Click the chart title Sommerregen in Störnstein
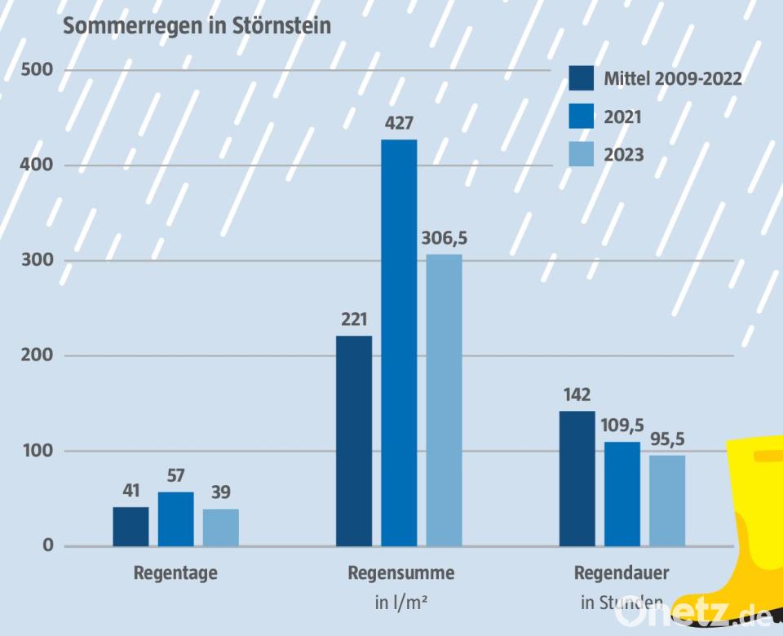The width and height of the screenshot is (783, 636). [x=197, y=26]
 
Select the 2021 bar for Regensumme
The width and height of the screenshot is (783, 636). [x=399, y=342]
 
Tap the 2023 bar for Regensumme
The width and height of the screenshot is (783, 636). [x=444, y=400]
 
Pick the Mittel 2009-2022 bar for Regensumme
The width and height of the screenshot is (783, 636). [x=354, y=440]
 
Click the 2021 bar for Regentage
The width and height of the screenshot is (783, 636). [x=176, y=519]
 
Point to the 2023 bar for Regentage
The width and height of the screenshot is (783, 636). [x=221, y=527]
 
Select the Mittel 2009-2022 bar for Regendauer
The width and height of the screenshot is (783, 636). [x=577, y=478]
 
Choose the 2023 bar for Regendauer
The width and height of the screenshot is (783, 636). [x=667, y=500]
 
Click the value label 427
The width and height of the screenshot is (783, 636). [x=399, y=125]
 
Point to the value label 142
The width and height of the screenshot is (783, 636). [x=577, y=395]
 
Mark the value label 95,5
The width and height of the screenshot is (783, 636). [x=667, y=439]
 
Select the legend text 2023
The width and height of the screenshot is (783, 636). [x=624, y=154]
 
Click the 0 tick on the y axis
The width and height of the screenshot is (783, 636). [x=48, y=545]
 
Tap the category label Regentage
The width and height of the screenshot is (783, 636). [x=175, y=573]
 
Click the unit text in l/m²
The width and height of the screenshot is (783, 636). [x=401, y=603]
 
